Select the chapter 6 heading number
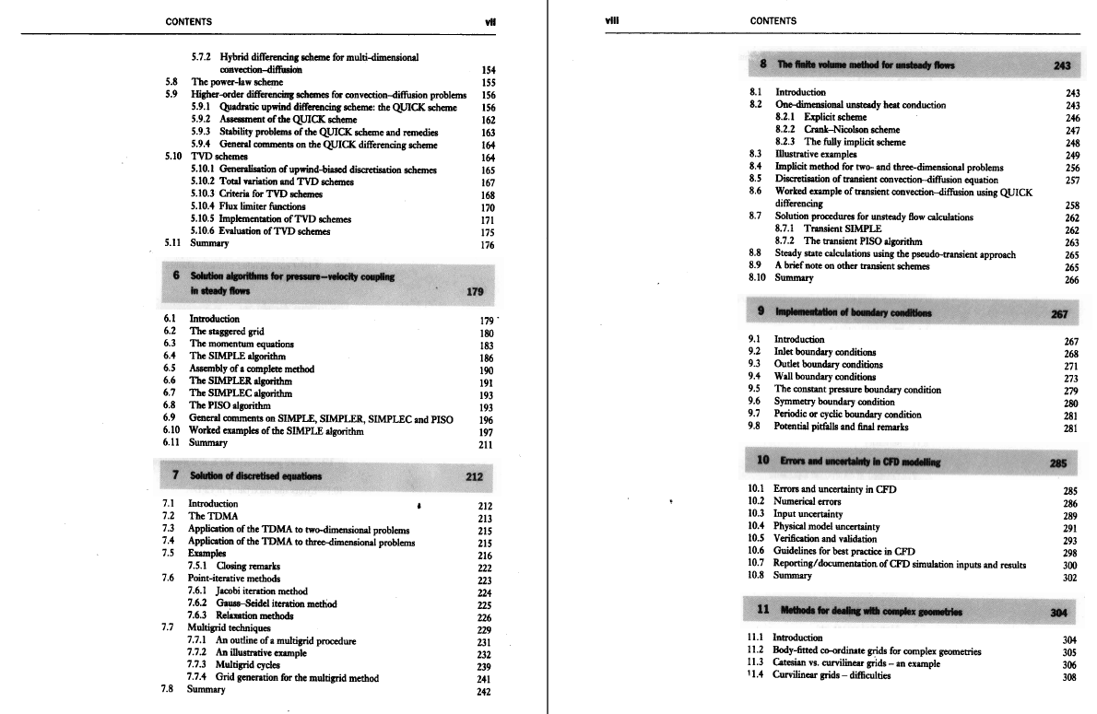click(x=174, y=275)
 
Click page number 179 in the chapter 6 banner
click(x=476, y=293)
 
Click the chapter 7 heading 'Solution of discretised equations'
click(x=255, y=475)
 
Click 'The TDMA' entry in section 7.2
click(x=213, y=516)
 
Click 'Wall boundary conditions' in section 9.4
click(x=825, y=376)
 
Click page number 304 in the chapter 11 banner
click(x=1059, y=611)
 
